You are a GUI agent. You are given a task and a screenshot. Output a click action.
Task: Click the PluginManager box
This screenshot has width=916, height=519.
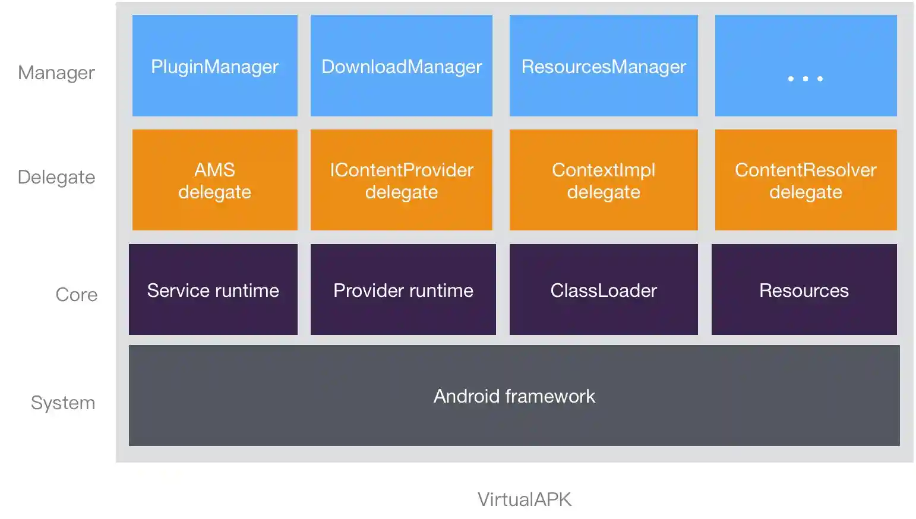pos(214,66)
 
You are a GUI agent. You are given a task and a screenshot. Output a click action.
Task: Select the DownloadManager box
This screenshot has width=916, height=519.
pos(401,66)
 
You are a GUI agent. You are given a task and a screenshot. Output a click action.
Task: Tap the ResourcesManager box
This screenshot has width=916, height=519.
pos(603,66)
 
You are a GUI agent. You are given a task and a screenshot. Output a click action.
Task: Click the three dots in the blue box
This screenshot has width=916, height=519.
pos(805,78)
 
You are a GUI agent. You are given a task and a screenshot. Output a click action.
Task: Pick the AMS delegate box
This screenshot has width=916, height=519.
pos(214,180)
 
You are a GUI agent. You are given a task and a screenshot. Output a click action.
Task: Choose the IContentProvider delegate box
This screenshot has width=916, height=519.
pos(401,180)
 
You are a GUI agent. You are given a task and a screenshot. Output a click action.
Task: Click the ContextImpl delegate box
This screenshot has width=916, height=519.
pos(603,180)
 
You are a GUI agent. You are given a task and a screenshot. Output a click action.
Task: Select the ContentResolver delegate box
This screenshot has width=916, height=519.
pos(806,180)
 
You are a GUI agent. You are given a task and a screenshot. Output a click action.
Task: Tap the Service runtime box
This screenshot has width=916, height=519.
pos(213,290)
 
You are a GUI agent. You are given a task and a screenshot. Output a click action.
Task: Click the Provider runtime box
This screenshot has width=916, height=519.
pos(403,290)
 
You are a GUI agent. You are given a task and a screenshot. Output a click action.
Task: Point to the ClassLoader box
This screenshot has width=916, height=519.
pos(603,290)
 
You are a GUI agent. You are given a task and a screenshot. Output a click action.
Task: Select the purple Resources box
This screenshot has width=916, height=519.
pos(804,290)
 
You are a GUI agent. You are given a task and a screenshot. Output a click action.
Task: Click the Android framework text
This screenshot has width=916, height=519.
pos(514,396)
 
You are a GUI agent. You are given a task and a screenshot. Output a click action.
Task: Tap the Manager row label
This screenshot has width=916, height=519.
pos(56,72)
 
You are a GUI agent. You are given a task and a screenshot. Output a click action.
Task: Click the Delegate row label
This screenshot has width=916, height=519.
pos(56,177)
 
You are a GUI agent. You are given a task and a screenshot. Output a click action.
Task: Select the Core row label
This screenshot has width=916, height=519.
pos(76,295)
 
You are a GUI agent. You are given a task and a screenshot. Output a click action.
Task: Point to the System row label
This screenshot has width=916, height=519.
pos(63,403)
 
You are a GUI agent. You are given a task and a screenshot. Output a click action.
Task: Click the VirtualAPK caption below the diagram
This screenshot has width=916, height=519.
pos(524,499)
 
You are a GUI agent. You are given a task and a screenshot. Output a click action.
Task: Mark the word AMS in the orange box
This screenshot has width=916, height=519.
pos(214,170)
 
